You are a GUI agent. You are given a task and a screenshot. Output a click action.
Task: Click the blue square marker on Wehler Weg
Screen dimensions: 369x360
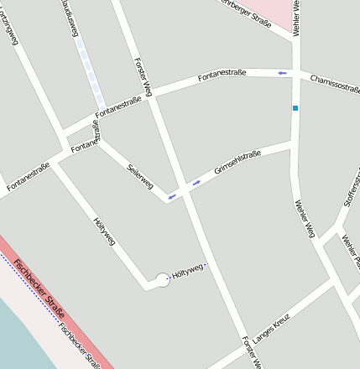click(295, 108)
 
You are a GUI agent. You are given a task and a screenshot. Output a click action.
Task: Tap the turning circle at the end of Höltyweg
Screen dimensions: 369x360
click(163, 280)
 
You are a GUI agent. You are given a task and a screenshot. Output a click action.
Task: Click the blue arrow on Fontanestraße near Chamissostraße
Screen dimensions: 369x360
click(283, 74)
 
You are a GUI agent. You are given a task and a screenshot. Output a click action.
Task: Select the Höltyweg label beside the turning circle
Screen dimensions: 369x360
click(187, 271)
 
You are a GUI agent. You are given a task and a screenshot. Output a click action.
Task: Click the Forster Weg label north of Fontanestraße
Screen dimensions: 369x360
click(143, 77)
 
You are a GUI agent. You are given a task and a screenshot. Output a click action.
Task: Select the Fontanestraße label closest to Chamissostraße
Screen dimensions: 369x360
click(222, 77)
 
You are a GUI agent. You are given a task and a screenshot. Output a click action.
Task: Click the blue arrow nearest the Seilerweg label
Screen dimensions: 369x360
click(171, 197)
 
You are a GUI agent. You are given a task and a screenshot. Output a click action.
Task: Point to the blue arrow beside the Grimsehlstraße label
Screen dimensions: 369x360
click(197, 182)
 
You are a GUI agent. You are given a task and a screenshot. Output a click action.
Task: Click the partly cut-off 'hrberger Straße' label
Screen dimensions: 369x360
click(245, 14)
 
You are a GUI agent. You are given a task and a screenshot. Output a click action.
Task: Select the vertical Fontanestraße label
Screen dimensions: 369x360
click(96, 133)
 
